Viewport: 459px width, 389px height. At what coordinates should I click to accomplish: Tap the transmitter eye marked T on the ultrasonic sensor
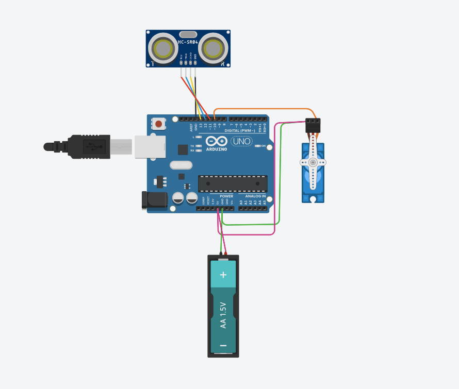pyautogui.click(x=163, y=48)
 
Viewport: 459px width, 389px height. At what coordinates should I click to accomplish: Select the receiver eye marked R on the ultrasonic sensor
pyautogui.click(x=212, y=48)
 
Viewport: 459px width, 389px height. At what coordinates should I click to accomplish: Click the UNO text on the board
pyautogui.click(x=241, y=141)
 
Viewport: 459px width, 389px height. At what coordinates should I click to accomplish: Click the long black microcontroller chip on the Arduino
pyautogui.click(x=233, y=183)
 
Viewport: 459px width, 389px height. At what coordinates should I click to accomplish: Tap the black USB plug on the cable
pyautogui.click(x=88, y=146)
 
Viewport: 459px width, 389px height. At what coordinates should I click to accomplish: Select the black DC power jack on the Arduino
pyautogui.click(x=154, y=200)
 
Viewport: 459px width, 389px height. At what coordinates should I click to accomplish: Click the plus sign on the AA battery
pyautogui.click(x=223, y=275)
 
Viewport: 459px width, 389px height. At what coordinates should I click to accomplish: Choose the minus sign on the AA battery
pyautogui.click(x=223, y=345)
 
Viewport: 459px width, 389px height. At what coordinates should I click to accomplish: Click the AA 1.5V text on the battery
pyautogui.click(x=223, y=315)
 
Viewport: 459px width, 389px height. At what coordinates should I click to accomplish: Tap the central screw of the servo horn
pyautogui.click(x=313, y=162)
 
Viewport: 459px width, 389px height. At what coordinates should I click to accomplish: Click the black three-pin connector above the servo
pyautogui.click(x=313, y=125)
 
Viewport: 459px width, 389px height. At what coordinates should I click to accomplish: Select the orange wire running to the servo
pyautogui.click(x=263, y=109)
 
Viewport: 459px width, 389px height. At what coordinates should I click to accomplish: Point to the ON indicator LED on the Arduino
pyautogui.click(x=258, y=146)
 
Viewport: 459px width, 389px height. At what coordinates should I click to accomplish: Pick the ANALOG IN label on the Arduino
pyautogui.click(x=256, y=196)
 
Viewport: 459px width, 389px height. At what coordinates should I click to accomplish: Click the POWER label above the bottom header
pyautogui.click(x=226, y=196)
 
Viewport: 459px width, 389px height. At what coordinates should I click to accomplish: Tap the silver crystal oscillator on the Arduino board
pyautogui.click(x=181, y=165)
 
